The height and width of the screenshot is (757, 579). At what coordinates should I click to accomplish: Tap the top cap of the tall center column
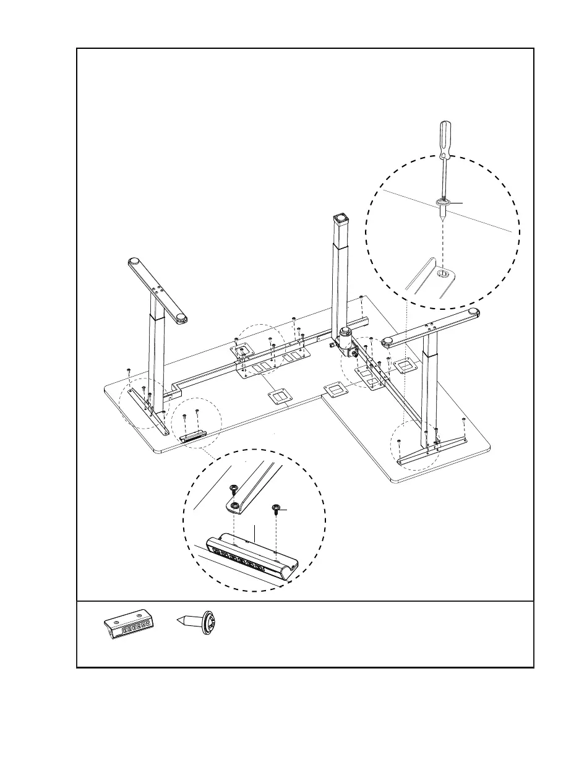[340, 218]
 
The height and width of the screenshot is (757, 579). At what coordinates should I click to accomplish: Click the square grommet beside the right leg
[405, 366]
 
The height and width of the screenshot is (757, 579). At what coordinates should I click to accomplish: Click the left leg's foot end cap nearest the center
[180, 319]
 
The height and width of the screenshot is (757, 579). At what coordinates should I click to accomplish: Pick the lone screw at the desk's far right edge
[464, 421]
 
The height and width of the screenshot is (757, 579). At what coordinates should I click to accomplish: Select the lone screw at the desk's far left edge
[127, 370]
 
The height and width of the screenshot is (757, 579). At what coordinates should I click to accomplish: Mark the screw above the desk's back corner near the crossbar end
[361, 297]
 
